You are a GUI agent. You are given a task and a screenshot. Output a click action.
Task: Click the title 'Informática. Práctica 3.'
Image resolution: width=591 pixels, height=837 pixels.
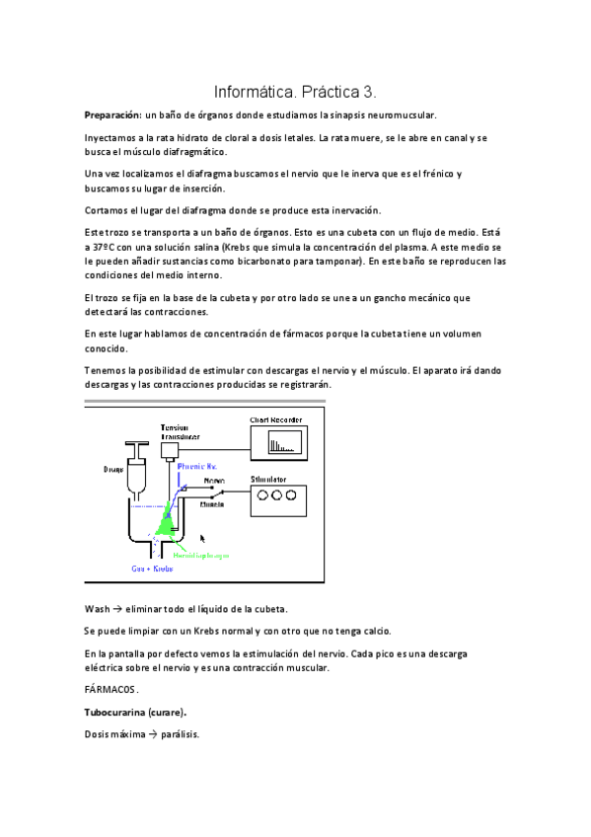coord(295,92)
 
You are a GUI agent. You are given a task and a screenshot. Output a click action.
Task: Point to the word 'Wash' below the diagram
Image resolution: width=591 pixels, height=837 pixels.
coord(97,608)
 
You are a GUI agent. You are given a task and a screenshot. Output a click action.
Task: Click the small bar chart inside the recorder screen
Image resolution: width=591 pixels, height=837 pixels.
coord(282,444)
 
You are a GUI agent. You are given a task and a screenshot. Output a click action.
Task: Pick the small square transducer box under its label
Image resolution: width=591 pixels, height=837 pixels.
coord(170,450)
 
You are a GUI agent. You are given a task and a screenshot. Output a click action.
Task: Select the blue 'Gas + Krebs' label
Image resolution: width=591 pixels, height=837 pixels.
coord(153,570)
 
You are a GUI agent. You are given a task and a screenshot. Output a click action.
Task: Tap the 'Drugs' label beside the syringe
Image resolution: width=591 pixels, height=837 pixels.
coord(112,470)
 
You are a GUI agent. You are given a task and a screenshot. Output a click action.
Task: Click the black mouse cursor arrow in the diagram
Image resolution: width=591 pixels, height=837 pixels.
coord(203,539)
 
